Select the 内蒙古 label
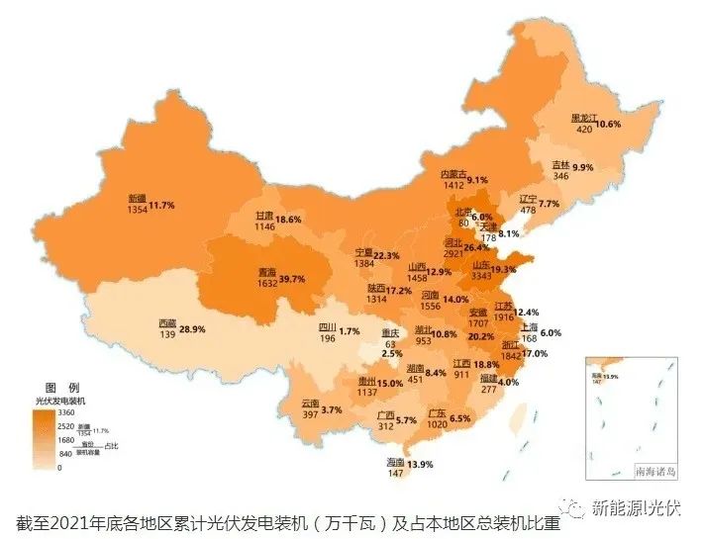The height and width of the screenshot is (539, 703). [455, 174]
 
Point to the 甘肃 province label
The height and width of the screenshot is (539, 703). [264, 215]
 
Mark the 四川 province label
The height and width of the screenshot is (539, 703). [327, 328]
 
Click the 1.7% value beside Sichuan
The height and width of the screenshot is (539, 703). [349, 331]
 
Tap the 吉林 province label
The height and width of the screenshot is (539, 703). [560, 164]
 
